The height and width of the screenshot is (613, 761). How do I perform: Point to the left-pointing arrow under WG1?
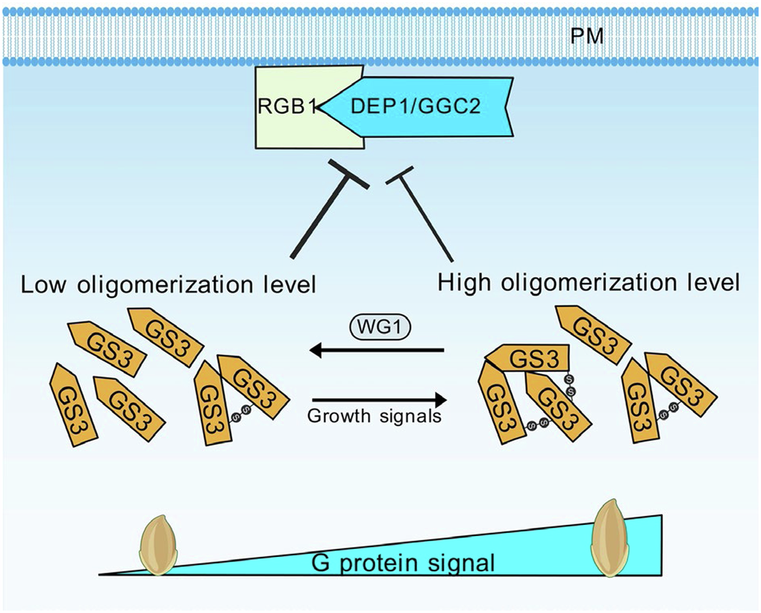pos(377,349)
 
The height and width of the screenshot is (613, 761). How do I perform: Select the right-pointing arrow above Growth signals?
pos(377,399)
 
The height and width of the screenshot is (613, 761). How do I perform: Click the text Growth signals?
pos(375,416)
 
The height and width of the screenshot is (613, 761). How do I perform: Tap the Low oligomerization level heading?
pos(169,284)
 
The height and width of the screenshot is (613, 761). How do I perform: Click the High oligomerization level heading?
pos(589,283)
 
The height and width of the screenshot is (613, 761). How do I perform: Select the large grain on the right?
pos(610,537)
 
